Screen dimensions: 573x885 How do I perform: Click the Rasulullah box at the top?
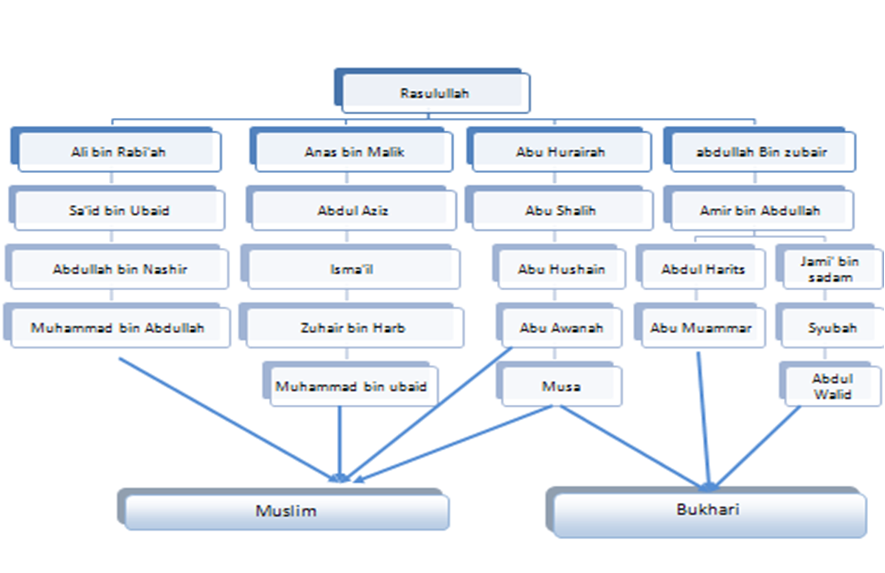[x=434, y=93]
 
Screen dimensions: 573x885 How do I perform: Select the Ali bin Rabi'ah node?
[x=119, y=152]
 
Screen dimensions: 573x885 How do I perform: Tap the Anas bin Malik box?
[x=354, y=152]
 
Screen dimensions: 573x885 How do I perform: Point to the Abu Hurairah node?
[x=560, y=152]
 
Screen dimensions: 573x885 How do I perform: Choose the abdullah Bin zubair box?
[x=762, y=152]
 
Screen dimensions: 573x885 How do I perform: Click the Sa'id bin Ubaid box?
[x=119, y=210]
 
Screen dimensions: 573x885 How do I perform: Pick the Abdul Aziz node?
[x=353, y=210]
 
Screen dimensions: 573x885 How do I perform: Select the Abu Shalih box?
[x=561, y=210]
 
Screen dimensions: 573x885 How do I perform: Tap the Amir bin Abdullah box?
[x=760, y=210]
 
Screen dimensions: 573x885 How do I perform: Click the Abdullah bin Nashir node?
[x=120, y=269]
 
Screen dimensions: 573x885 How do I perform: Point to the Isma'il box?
[x=352, y=269]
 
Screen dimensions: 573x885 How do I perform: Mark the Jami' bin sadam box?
[x=830, y=269]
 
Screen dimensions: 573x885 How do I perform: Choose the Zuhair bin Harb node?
[x=353, y=328]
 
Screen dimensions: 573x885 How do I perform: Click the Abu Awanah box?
[x=561, y=328]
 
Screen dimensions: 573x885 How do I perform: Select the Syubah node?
[x=832, y=328]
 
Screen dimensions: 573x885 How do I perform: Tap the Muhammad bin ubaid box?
[x=351, y=386]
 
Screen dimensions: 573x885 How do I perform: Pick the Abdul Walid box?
[x=833, y=386]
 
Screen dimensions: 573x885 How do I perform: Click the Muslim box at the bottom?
[x=286, y=511]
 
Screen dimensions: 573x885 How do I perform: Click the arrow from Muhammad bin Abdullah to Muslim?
[x=229, y=419]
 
